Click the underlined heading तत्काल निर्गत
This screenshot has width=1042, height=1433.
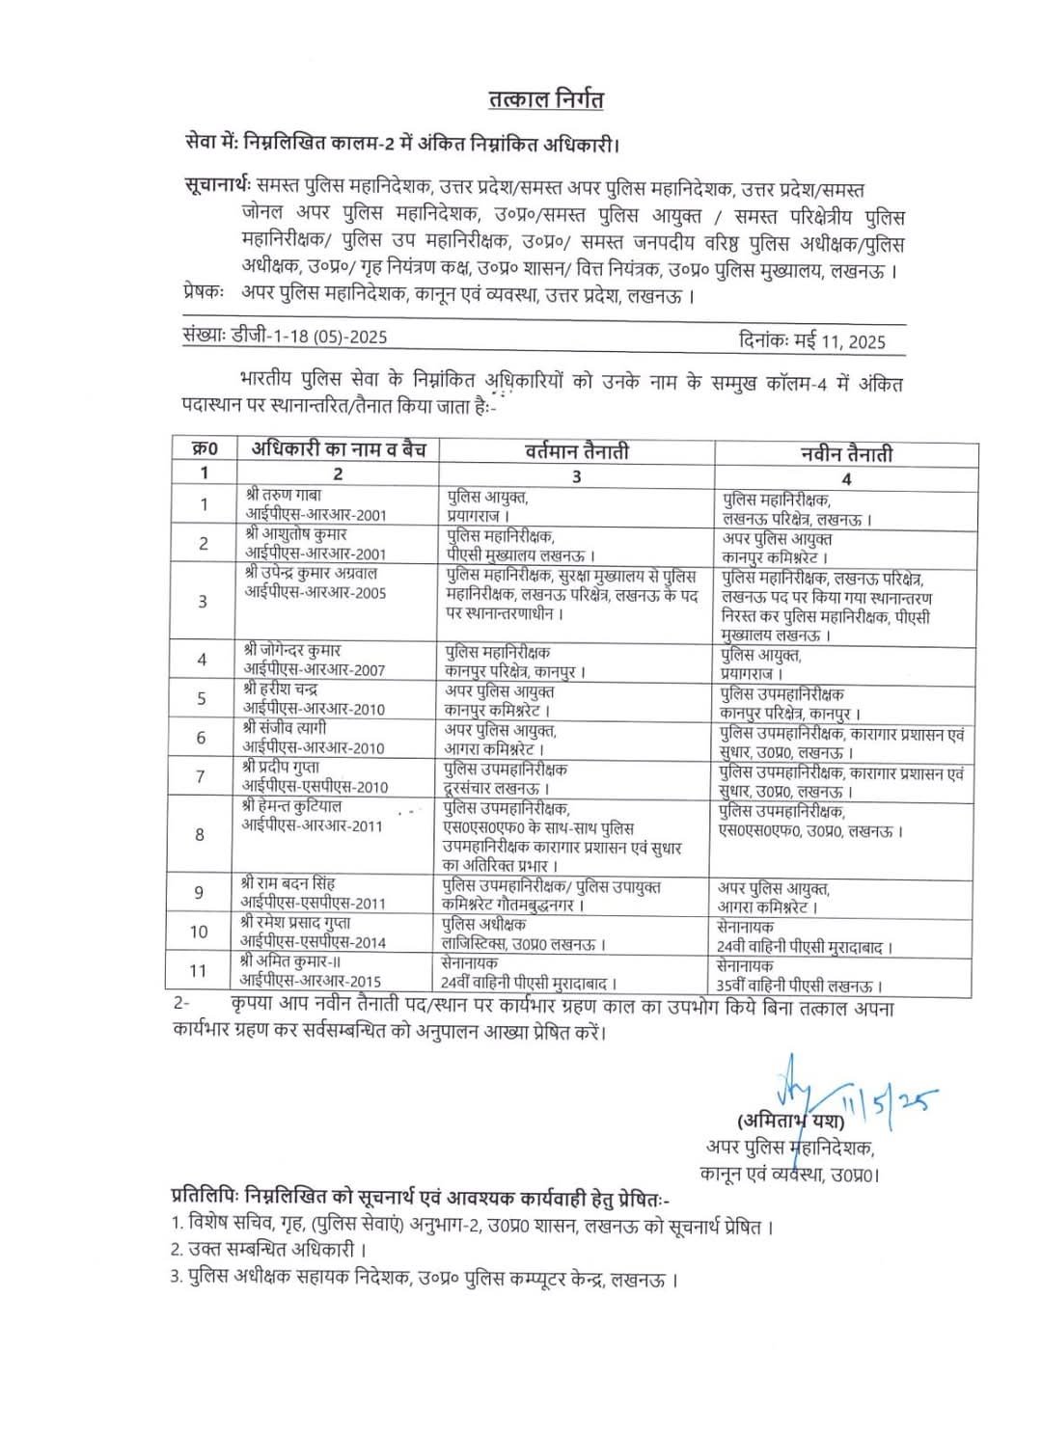545,99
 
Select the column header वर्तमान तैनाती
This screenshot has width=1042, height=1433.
577,450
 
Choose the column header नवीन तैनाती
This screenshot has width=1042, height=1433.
846,453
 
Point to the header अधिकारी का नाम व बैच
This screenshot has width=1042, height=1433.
339,448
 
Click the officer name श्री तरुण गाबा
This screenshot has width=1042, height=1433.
287,495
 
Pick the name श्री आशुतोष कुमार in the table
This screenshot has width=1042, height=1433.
296,533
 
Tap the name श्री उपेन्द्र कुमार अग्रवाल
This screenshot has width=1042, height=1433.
311,573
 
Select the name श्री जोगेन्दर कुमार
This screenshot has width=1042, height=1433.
292,651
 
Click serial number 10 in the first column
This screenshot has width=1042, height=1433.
199,932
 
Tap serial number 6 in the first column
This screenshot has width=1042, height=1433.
201,738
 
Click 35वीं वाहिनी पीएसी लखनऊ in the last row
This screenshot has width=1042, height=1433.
800,986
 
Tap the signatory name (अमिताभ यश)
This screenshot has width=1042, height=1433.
790,1122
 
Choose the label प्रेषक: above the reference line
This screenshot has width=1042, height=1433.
204,290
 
